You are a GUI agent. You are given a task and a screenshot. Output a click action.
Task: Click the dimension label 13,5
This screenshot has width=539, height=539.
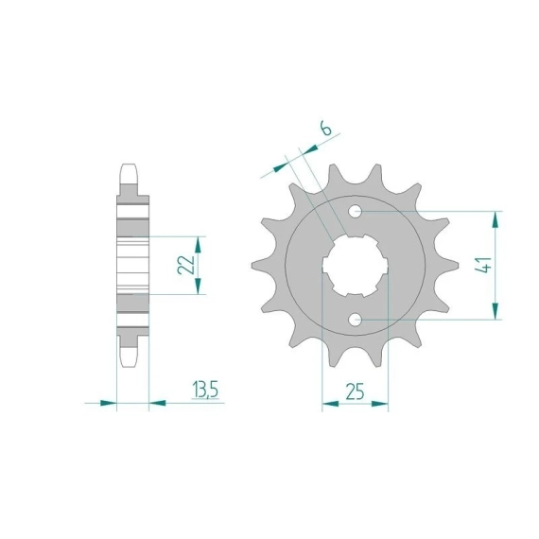coord(205,391)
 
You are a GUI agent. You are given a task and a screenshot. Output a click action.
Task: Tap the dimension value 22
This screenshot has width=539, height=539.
coord(186,265)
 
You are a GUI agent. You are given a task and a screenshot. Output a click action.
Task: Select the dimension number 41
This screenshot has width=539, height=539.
coord(483,265)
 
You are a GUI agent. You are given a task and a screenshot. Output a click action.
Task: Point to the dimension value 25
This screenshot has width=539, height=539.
coord(355,391)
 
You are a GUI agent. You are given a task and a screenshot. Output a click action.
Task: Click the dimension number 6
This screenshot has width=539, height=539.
coord(326,129)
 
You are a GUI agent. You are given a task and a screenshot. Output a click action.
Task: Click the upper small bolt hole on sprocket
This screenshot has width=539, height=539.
coord(356,212)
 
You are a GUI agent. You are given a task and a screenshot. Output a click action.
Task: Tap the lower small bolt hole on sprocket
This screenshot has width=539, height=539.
coord(356,320)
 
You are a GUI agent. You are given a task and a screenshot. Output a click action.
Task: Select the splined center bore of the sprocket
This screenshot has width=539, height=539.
coord(356,266)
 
